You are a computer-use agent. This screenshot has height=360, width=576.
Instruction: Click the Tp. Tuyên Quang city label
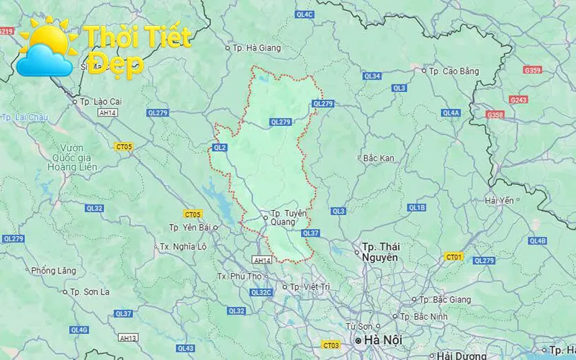pos(283,217)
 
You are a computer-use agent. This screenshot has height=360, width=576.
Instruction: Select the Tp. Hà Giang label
pos(256,48)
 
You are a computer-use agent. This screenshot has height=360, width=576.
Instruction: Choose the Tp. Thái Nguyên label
pos(379,251)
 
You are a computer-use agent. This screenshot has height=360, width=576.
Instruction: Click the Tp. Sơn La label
pos(89,292)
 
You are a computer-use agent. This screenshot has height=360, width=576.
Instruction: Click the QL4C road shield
pos(305,14)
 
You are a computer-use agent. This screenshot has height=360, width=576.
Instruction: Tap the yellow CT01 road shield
pos(453,256)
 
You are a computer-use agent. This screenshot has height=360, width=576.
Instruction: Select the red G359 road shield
pos(533,70)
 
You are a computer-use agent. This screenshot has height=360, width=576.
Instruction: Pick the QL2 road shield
pos(220,148)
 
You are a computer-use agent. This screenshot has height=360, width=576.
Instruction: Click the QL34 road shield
pos(372,76)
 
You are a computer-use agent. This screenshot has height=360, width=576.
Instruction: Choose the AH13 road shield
pos(128,338)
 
